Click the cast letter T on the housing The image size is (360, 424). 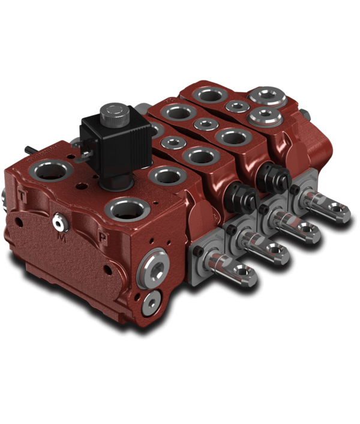[22, 196]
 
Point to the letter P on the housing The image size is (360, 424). [103, 237]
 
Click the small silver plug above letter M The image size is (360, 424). [58, 223]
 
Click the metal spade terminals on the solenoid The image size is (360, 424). [86, 158]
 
